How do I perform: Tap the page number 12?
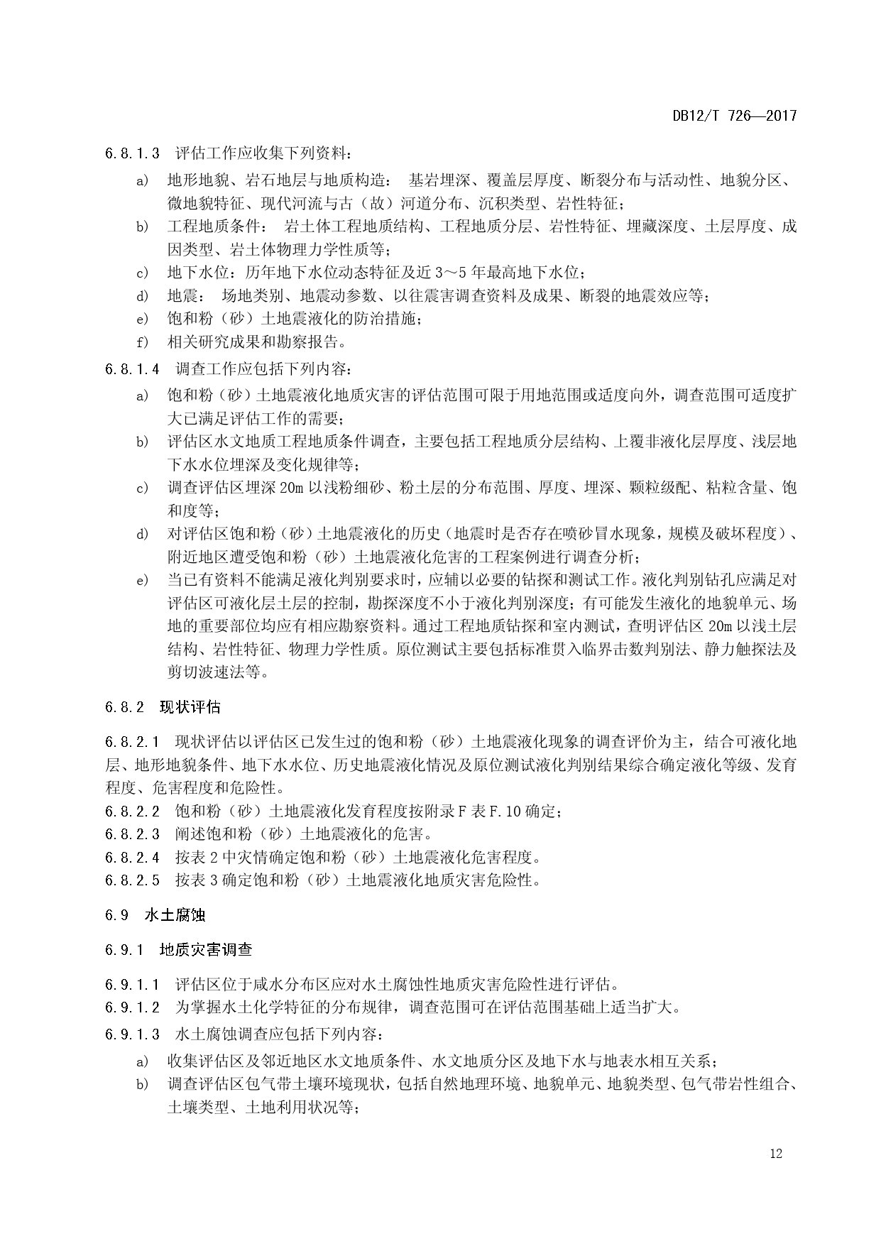click(x=775, y=1154)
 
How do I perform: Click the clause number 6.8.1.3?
click(x=132, y=153)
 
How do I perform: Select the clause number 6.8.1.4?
click(x=132, y=369)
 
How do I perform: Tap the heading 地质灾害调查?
click(x=206, y=950)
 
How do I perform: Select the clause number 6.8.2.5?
click(x=132, y=880)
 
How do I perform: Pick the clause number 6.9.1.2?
click(x=132, y=1007)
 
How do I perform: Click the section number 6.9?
click(x=116, y=915)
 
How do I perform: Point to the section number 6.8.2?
click(x=124, y=707)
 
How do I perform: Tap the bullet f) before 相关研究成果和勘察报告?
click(x=142, y=342)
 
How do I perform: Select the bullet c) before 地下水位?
click(x=142, y=273)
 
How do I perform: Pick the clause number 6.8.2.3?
click(x=132, y=834)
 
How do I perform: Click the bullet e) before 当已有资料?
click(x=142, y=581)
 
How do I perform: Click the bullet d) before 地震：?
click(x=142, y=296)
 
